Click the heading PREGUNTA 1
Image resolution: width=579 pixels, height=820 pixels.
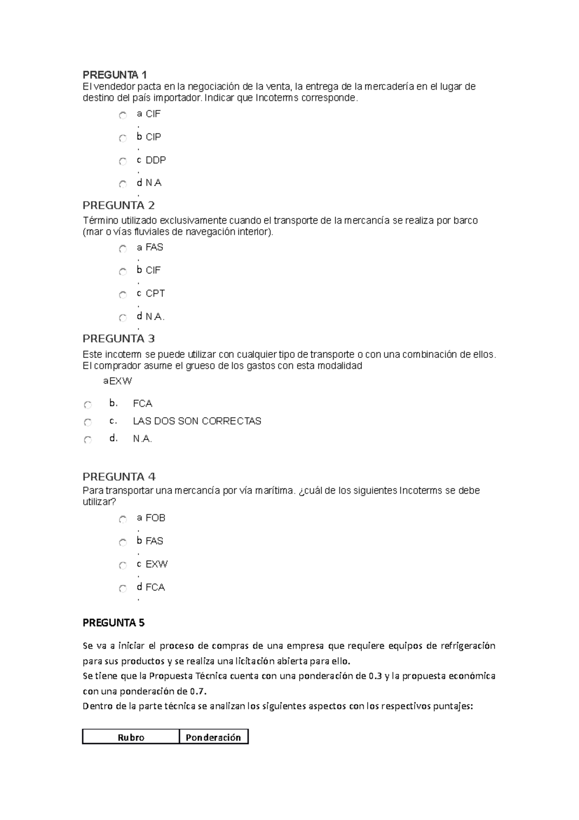(114, 75)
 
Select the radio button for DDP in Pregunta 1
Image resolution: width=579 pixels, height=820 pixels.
(123, 161)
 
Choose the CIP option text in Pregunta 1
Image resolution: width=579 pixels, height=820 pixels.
(153, 137)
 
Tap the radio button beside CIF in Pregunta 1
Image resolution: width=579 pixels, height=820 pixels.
(123, 115)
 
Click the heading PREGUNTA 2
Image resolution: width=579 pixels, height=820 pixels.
(119, 206)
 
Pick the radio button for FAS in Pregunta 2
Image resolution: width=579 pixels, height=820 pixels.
(123, 249)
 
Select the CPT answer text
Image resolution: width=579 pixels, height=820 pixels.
(155, 294)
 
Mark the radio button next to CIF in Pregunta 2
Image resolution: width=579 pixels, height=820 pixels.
(123, 272)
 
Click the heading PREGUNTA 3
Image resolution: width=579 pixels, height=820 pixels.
(119, 339)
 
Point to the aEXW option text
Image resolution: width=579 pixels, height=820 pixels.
(118, 381)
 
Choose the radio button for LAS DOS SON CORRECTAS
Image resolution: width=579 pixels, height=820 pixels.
(87, 423)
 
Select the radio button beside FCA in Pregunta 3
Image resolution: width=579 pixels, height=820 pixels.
(87, 405)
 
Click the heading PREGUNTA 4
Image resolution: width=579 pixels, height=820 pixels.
(119, 477)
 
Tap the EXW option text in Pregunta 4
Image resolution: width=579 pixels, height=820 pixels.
(156, 564)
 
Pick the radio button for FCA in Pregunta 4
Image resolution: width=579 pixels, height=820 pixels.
(123, 589)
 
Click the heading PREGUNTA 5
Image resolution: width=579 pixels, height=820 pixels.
(114, 623)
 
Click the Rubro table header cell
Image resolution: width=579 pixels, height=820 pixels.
(131, 737)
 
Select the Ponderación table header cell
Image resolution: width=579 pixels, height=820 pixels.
(213, 737)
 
